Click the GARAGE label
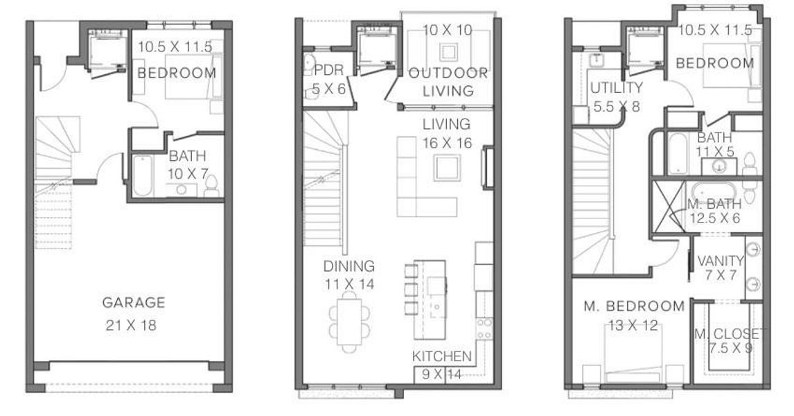(134, 302)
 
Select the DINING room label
(349, 266)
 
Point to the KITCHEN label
(442, 356)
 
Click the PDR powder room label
(325, 71)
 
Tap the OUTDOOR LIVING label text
(448, 81)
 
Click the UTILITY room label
(616, 88)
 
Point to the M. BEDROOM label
(634, 306)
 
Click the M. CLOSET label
(727, 334)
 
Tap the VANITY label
(720, 261)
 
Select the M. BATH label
(714, 204)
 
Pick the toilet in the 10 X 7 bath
(211, 186)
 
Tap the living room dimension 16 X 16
(448, 143)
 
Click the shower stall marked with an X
(668, 206)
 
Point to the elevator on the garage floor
(105, 47)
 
